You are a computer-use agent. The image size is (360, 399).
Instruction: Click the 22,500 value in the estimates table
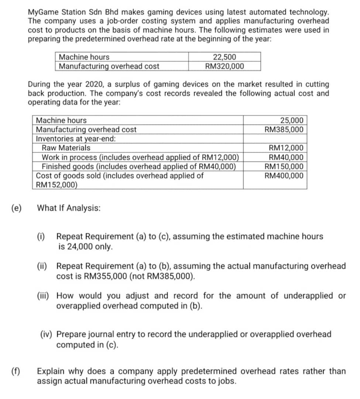point(224,57)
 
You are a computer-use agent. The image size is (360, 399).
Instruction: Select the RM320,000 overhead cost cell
point(224,66)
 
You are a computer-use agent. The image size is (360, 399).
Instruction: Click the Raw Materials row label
point(66,148)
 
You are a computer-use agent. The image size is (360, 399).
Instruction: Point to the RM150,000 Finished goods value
point(284,166)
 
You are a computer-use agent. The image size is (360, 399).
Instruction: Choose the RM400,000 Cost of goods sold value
point(284,175)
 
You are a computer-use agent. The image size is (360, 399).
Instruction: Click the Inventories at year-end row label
point(76,139)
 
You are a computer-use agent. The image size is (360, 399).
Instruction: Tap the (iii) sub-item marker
point(44,296)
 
